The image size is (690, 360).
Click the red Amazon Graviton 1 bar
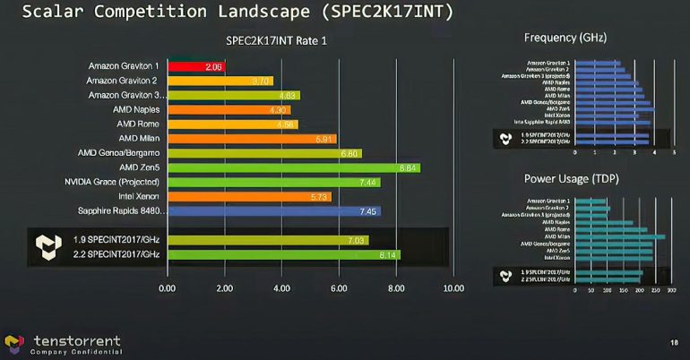[195, 66]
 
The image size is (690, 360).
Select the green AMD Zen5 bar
[293, 167]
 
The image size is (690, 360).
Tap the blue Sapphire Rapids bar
[273, 211]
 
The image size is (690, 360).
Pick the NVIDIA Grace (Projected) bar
[273, 182]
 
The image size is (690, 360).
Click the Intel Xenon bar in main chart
[249, 196]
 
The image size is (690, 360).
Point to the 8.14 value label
[388, 255]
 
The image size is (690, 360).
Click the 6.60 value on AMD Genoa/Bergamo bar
[350, 153]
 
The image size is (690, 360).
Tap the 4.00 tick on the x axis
[281, 288]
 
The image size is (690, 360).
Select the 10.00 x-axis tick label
[453, 288]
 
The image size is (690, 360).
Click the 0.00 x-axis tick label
[167, 288]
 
